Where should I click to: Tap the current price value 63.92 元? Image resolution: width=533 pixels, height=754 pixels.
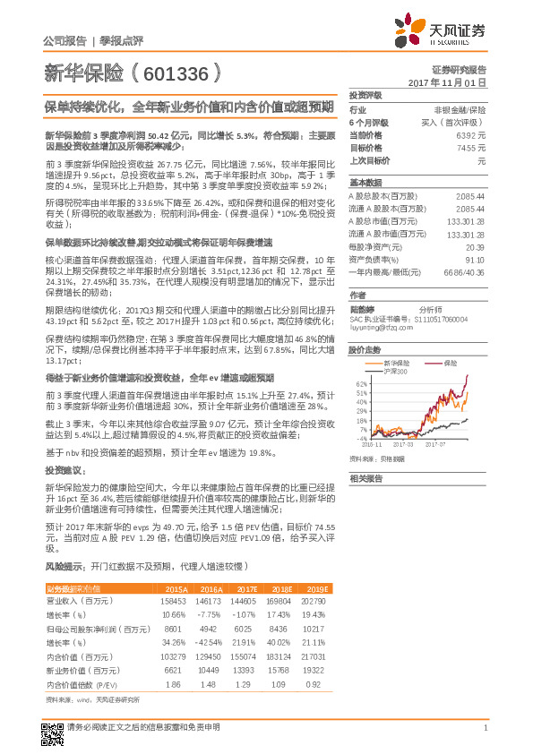[x=472, y=134]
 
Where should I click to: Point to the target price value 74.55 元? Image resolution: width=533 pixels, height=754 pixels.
[x=472, y=147]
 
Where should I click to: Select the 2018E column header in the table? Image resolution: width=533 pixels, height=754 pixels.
[x=279, y=587]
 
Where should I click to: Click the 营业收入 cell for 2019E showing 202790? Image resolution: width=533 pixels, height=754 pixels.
[x=314, y=602]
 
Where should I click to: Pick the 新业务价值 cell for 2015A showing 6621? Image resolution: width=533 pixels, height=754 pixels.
[x=175, y=669]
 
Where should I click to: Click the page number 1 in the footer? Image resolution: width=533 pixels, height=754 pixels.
[x=485, y=727]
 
